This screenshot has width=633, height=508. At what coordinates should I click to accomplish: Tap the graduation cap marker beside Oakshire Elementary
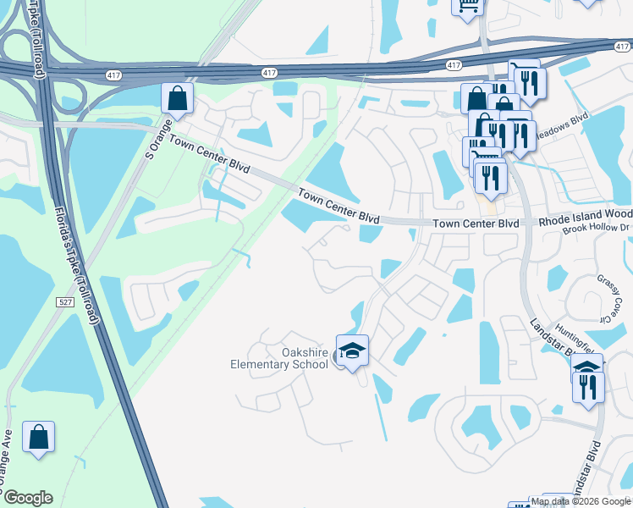352,350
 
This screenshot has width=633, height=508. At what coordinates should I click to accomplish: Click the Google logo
28,498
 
